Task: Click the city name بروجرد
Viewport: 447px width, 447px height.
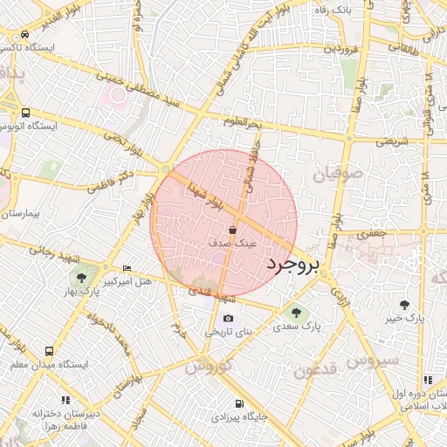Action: (292, 262)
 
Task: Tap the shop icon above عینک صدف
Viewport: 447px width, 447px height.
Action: (232, 230)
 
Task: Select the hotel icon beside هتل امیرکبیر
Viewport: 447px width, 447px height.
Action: (127, 268)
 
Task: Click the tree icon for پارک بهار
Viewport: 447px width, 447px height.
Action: (81, 278)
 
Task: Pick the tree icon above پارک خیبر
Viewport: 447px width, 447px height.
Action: (404, 305)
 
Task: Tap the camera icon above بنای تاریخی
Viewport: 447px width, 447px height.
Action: (229, 319)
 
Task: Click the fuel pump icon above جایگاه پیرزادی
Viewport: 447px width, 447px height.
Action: (239, 403)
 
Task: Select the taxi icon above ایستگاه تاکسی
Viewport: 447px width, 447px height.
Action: (25, 34)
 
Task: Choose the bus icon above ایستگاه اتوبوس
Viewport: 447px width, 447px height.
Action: (25, 113)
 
